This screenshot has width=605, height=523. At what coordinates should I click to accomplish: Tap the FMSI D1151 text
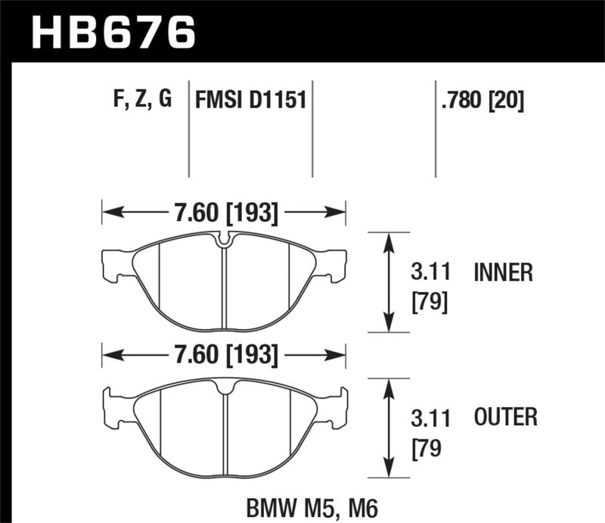250,99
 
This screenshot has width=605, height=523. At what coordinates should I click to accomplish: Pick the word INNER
503,272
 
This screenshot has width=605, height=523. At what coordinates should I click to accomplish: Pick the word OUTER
505,416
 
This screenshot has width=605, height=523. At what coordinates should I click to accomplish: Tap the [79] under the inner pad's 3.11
429,303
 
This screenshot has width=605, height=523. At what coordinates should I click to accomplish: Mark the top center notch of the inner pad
225,241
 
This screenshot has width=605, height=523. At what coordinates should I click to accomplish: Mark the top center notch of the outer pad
225,387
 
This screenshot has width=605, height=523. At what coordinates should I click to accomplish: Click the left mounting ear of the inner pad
112,263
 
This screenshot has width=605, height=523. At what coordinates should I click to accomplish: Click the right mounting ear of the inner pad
338,263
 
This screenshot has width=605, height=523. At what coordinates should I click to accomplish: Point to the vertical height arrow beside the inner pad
389,282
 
